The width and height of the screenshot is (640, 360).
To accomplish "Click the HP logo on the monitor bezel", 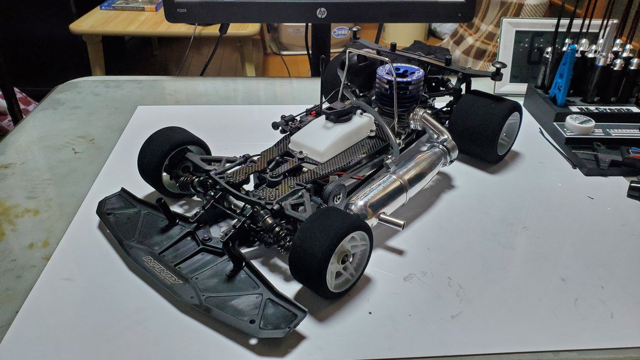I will pos(321,12).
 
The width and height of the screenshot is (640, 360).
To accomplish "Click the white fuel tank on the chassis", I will pos(332,136).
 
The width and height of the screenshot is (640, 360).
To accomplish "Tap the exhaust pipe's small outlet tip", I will pos(392,221).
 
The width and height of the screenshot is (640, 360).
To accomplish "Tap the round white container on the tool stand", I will pos(579,124).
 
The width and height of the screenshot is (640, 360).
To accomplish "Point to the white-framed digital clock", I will pos(528,53).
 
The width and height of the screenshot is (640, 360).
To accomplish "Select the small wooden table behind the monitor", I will pos(160,32).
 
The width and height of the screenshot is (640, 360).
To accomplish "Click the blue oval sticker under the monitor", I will pos(340,32).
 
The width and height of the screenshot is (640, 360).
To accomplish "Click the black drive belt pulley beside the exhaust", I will pos(337,197).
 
